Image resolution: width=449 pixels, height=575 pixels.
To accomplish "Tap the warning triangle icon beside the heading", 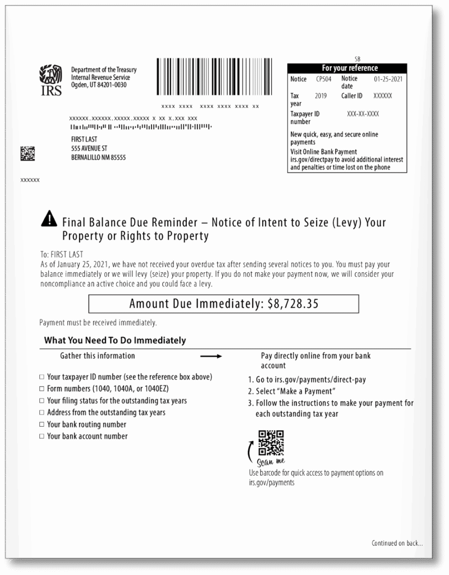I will click(x=49, y=218).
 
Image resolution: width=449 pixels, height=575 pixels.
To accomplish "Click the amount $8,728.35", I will click(x=293, y=304).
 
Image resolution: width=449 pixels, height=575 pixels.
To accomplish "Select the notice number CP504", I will click(x=324, y=79).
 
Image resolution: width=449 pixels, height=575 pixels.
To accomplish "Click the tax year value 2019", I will click(x=320, y=96).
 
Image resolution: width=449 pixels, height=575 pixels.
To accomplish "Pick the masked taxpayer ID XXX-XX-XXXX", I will click(x=363, y=114).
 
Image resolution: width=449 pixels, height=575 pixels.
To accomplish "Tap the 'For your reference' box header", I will click(x=349, y=68).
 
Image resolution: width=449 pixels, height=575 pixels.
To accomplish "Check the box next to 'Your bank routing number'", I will click(x=42, y=425).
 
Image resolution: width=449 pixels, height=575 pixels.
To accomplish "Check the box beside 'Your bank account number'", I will click(x=42, y=437).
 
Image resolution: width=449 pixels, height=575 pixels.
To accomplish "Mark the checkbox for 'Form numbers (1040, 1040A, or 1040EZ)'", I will click(x=42, y=389).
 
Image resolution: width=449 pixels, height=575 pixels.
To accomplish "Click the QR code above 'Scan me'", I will click(x=271, y=442).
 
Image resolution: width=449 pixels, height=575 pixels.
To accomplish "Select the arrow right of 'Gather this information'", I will click(x=212, y=357).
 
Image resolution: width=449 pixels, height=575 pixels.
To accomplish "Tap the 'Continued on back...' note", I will click(x=397, y=543).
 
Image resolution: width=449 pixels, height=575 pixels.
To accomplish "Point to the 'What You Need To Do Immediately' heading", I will click(x=115, y=340).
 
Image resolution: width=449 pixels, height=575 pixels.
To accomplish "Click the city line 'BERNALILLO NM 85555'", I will click(x=98, y=158).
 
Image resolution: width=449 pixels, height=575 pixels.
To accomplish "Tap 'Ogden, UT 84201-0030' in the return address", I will click(x=99, y=85).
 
